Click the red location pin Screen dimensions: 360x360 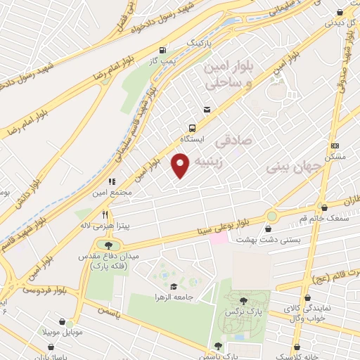pos(181,165)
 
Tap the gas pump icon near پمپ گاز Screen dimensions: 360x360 pos(163,50)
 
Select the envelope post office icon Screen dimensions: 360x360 pos(207,110)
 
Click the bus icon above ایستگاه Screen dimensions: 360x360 pos(192,128)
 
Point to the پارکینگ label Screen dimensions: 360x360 pos(199,43)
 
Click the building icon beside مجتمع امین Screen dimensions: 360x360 pos(112,181)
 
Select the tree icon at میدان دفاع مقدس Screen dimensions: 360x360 pos(108,244)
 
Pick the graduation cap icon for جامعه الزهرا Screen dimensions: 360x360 pos(173,286)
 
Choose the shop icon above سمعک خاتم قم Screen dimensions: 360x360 pos(323,207)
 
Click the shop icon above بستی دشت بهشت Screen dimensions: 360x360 pos(269,228)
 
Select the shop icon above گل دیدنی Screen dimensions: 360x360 pos(340,11)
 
